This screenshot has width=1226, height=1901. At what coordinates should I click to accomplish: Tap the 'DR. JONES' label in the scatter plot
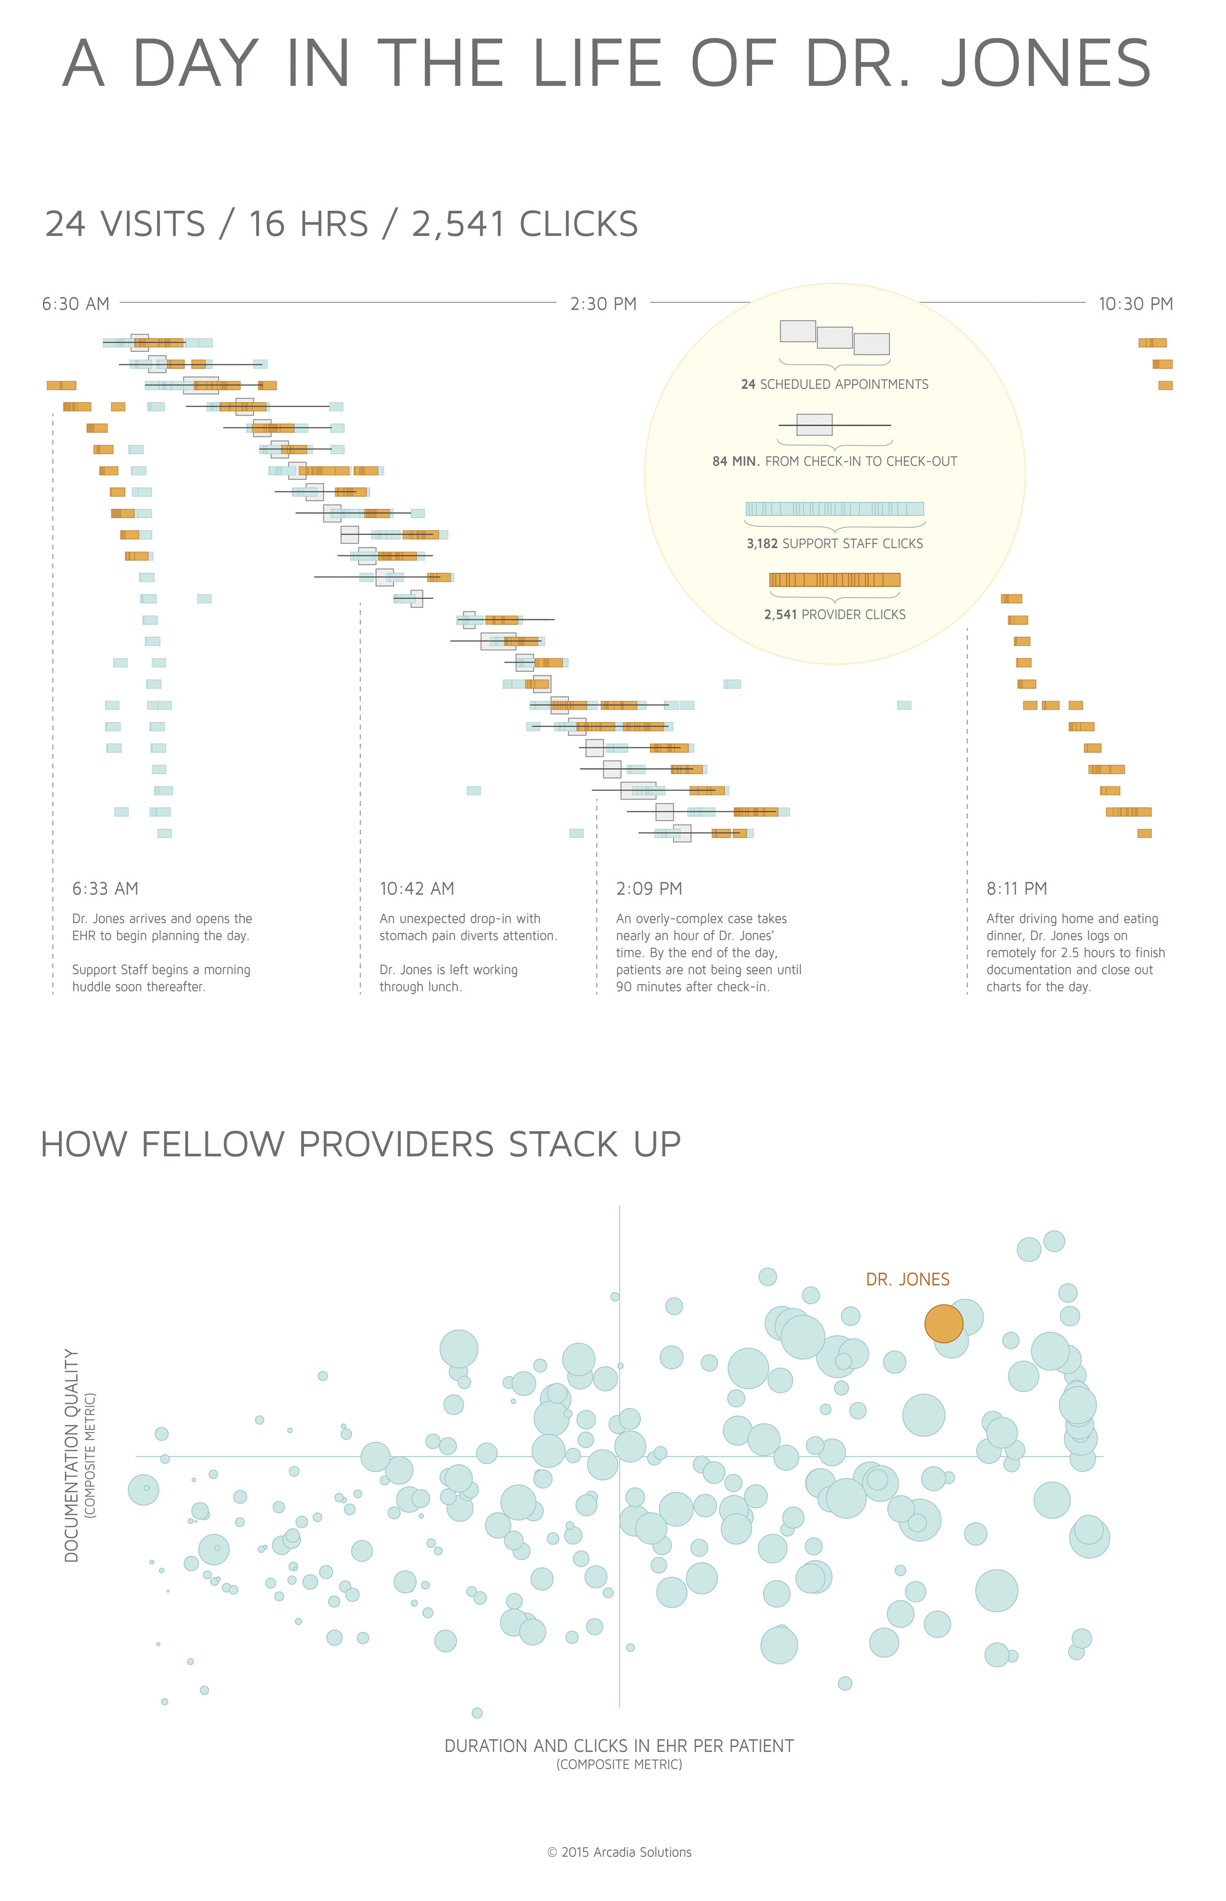908,1279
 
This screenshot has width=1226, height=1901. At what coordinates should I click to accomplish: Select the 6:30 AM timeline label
75,304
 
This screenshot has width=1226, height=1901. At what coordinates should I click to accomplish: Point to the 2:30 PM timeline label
603,304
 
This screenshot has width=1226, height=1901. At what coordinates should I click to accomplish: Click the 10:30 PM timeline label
1135,304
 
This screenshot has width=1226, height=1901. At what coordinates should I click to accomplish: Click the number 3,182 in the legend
763,544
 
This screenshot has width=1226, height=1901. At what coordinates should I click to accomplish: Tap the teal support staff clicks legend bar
834,509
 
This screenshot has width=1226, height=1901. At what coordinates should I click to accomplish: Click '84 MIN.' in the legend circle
735,462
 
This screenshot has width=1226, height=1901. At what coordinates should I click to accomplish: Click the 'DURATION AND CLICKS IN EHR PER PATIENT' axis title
619,1746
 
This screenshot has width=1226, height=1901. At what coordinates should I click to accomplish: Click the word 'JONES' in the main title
1045,64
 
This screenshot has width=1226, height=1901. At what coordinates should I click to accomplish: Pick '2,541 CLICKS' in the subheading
524,224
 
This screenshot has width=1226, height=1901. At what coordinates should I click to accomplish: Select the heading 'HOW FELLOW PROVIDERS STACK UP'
360,1144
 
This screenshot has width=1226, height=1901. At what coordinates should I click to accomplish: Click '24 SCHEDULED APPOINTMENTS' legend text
834,384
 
